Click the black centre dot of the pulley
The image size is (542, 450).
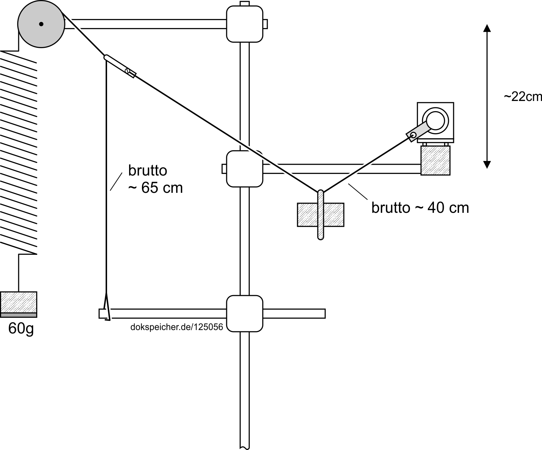pos(41,24)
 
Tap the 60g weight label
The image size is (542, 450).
pos(21,328)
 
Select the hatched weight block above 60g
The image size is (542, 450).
pos(19,302)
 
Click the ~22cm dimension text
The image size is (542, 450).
pos(523,97)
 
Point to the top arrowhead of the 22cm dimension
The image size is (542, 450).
pos(487,28)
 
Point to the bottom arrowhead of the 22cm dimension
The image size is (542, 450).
pos(487,165)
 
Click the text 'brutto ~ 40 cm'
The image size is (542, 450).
pos(420,208)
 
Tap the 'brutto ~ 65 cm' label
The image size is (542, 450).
pos(155,179)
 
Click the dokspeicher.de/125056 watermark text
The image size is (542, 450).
pos(176,327)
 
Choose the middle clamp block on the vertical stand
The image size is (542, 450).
pos(245,169)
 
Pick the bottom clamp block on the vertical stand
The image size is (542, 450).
pos(245,313)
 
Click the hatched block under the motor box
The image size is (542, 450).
pos(435,160)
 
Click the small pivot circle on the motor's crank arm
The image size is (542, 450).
pos(413,136)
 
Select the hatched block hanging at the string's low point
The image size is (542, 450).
pos(320,214)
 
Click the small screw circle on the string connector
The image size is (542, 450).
pos(128,71)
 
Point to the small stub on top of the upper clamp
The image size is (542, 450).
pos(245,4)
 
